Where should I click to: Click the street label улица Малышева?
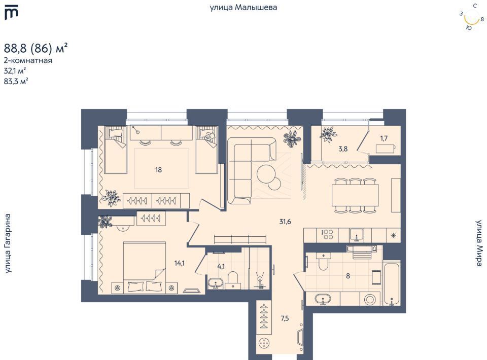[x=243, y=7]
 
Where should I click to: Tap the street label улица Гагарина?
[x=8, y=243]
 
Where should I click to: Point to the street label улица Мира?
[x=479, y=243]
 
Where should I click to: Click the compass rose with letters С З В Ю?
[x=472, y=17]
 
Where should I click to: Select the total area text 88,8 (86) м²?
[x=36, y=48]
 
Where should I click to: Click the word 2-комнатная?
[x=28, y=60]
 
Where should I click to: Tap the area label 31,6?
[x=285, y=222]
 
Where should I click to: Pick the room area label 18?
[x=158, y=170]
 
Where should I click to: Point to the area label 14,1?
[x=180, y=264]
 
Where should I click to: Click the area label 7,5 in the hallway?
[x=285, y=318]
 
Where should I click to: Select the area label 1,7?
[x=384, y=138]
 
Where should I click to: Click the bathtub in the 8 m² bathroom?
[x=392, y=284]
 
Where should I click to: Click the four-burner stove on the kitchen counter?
[x=328, y=235]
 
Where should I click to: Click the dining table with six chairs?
[x=355, y=195]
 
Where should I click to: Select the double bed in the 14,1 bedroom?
[x=145, y=267]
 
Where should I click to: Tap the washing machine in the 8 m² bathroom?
[x=370, y=300]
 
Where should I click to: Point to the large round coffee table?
[x=266, y=173]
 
